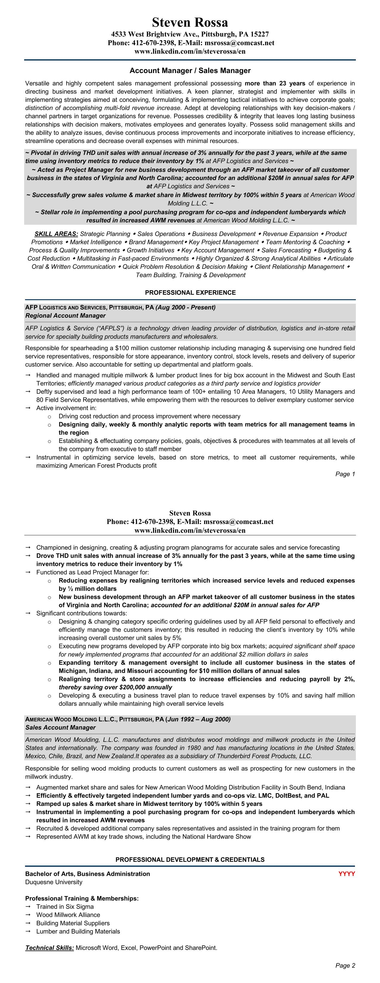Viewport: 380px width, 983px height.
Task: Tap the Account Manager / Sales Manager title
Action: click(190, 71)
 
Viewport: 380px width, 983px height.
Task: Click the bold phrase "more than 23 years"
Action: click(275, 83)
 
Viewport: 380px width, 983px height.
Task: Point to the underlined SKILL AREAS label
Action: click(56, 234)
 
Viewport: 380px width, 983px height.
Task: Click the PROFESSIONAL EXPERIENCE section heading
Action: click(190, 293)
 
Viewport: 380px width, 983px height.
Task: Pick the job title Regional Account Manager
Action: click(65, 316)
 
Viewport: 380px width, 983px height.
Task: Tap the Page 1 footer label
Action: click(345, 474)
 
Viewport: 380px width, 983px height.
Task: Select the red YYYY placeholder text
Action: click(346, 874)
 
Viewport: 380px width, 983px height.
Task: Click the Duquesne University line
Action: click(54, 882)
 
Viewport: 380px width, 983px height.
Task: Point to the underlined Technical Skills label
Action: click(49, 948)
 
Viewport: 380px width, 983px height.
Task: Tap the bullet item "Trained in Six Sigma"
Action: click(65, 907)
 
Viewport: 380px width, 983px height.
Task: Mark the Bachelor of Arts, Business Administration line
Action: click(87, 874)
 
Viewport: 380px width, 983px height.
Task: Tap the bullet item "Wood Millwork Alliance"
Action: click(68, 915)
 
